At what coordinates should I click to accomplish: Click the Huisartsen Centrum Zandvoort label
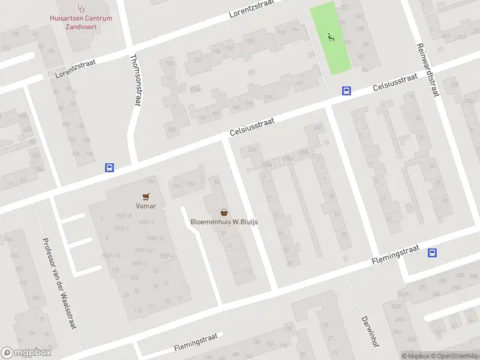click(80, 22)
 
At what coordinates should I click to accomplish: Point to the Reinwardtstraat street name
click(427, 70)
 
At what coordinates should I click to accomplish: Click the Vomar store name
click(146, 206)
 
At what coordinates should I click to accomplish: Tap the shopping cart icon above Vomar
click(146, 196)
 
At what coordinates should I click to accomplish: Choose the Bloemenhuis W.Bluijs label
click(224, 222)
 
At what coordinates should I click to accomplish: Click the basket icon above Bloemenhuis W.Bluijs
click(224, 212)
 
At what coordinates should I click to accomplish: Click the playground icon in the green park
click(331, 37)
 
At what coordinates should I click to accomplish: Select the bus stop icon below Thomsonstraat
click(110, 168)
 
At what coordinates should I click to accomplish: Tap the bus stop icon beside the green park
click(346, 91)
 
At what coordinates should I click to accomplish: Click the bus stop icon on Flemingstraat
click(433, 253)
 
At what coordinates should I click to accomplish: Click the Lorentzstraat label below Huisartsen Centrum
click(76, 68)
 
